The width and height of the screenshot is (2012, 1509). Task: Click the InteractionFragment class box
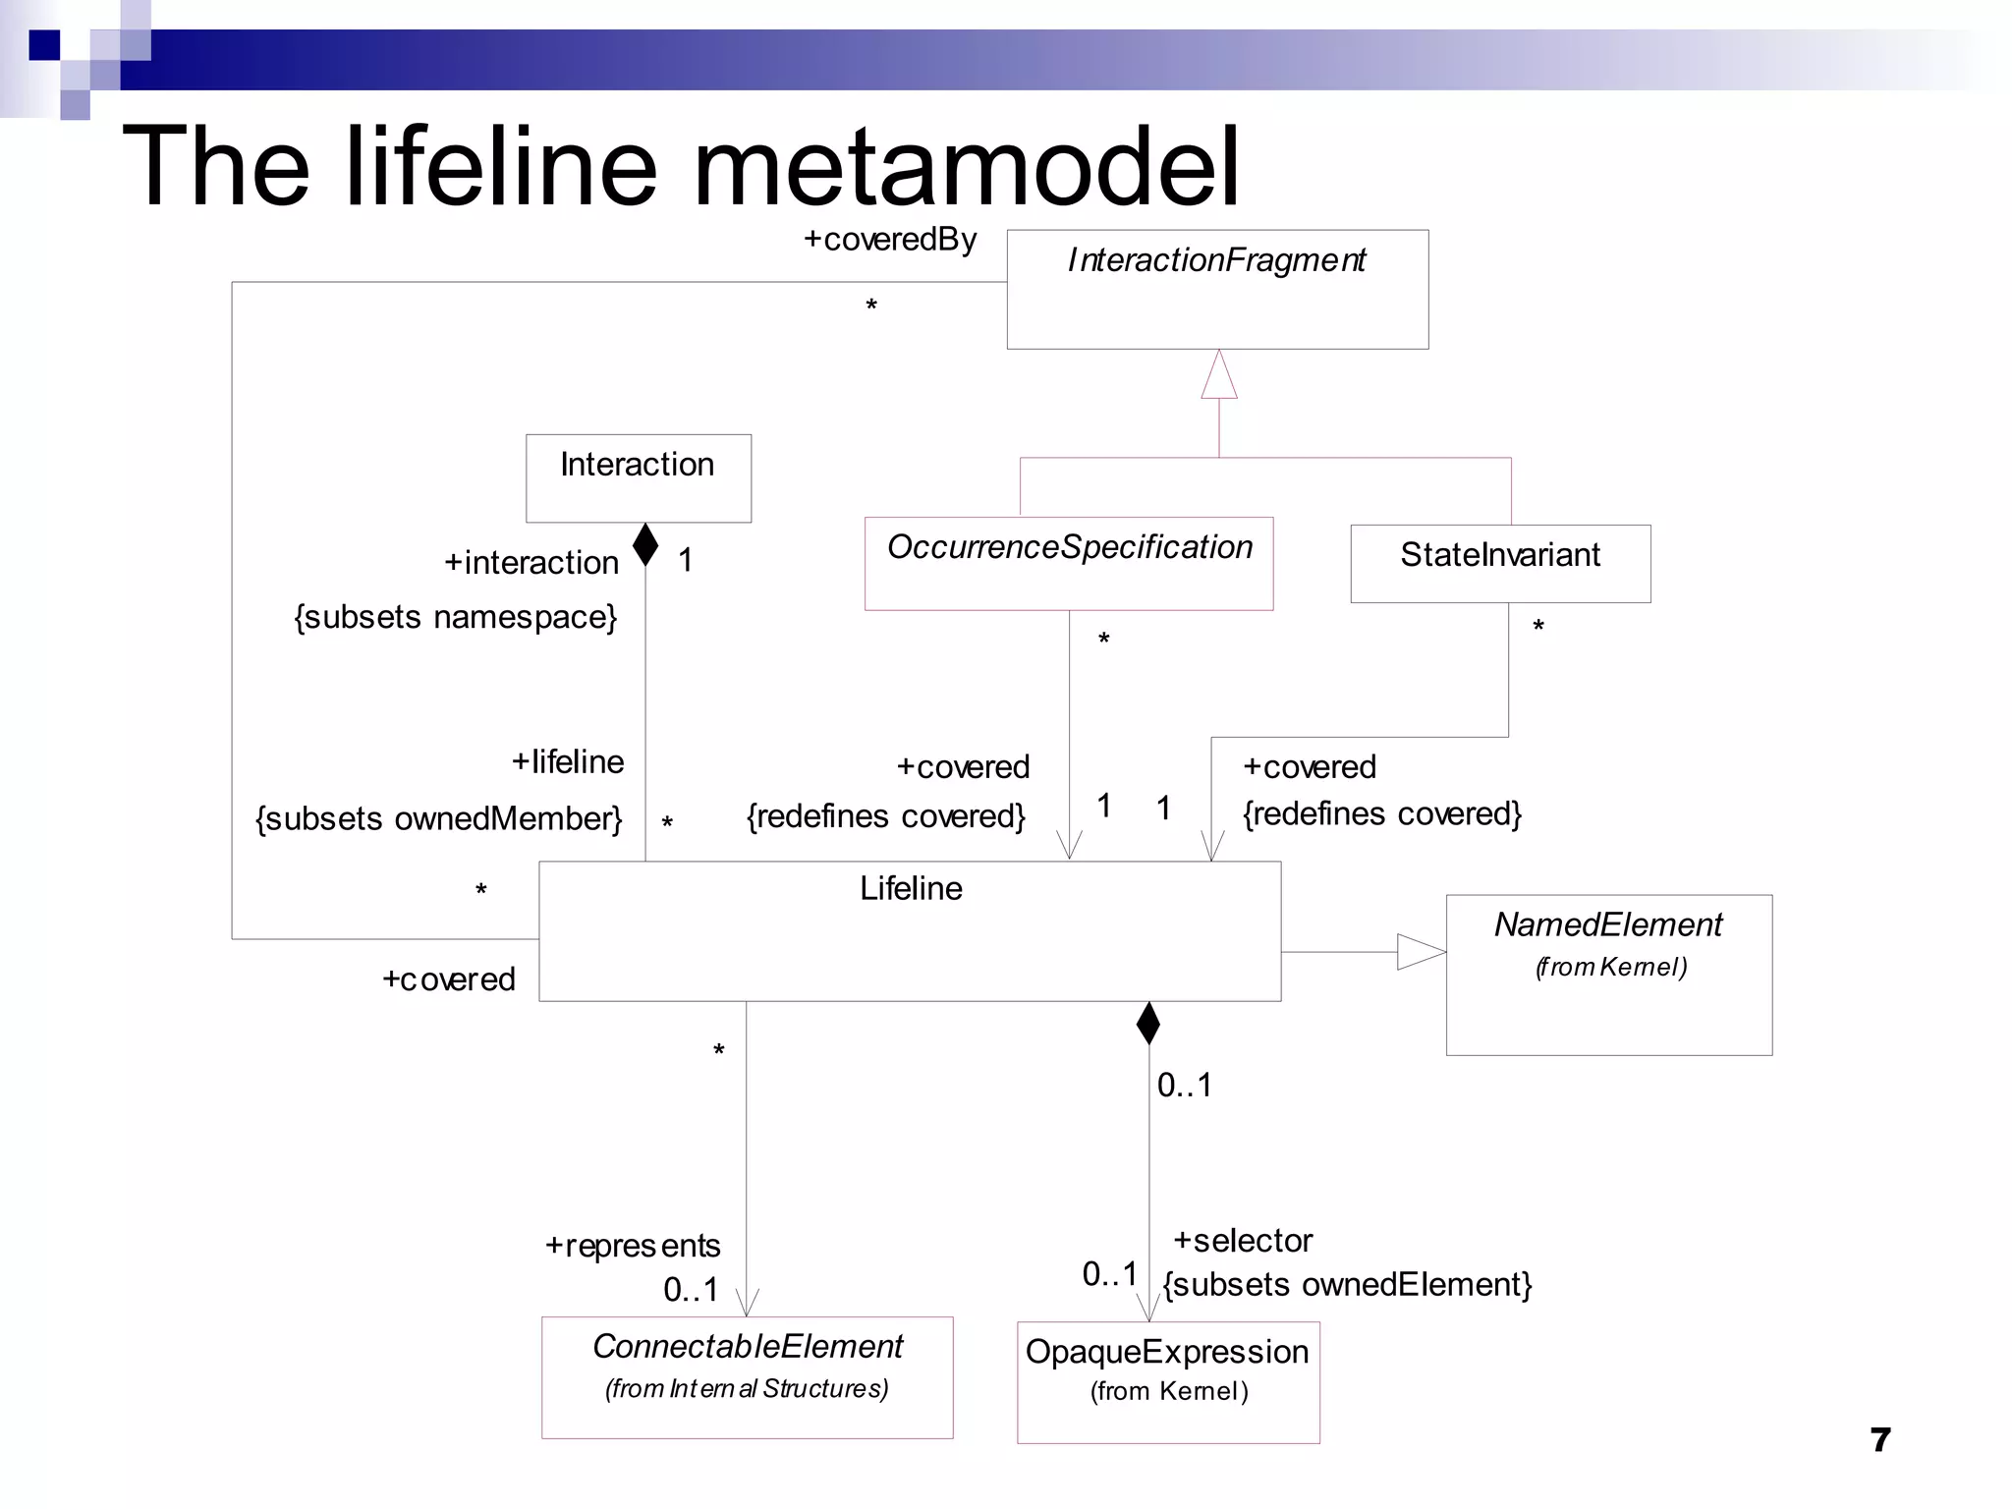[1217, 290]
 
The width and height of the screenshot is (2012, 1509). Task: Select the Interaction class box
[639, 478]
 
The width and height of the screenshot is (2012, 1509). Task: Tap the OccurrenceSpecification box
[1069, 563]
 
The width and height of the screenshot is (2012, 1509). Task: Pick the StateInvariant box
[1500, 563]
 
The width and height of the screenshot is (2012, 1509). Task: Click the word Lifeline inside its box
[911, 889]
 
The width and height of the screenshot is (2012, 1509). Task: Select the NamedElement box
[1609, 975]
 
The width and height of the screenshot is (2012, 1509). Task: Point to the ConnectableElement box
[748, 1377]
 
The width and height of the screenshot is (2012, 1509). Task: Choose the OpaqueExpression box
[1168, 1382]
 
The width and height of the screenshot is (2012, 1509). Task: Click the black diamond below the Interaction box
[645, 544]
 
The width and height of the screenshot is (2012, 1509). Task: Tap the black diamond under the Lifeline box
[1148, 1023]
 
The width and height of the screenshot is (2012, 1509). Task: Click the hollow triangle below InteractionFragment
[1219, 376]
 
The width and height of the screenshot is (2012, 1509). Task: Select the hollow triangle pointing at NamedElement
[1421, 952]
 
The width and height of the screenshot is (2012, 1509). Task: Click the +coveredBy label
[890, 240]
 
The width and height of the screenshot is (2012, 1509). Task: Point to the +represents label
[633, 1246]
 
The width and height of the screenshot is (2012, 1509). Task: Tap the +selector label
[1243, 1241]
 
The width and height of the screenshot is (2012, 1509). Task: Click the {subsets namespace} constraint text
[456, 617]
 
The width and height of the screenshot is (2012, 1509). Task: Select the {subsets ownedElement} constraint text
[1347, 1285]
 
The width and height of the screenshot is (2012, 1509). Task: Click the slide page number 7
[1880, 1440]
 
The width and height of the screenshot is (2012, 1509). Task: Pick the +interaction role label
[531, 563]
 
